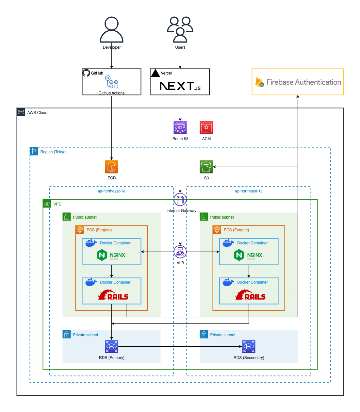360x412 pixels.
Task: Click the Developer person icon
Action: pos(111,30)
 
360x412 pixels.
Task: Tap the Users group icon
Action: pos(180,30)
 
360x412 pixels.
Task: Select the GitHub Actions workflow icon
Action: pos(111,82)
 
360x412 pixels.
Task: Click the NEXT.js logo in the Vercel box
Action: pos(180,86)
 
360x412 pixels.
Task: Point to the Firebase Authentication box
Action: pos(298,82)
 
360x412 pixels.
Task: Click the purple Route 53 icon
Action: pos(180,128)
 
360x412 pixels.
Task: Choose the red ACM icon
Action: pos(206,128)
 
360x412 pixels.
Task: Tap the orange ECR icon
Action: pos(111,167)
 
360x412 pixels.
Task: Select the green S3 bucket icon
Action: pos(206,167)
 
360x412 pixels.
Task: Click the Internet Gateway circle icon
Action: pos(180,200)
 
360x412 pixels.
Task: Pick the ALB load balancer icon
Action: pos(180,252)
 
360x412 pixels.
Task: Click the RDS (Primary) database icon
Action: pos(111,346)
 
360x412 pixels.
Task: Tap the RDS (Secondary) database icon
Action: pos(249,346)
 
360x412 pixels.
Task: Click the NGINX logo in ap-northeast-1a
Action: pos(111,255)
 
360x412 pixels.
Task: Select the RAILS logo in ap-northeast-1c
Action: pos(251,295)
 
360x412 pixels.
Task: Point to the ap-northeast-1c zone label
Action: pos(249,191)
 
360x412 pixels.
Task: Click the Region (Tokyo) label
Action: pos(53,152)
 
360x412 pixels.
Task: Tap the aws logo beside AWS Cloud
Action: pos(21,112)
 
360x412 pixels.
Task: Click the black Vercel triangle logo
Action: pos(155,73)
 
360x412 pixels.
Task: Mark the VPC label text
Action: pos(57,204)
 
